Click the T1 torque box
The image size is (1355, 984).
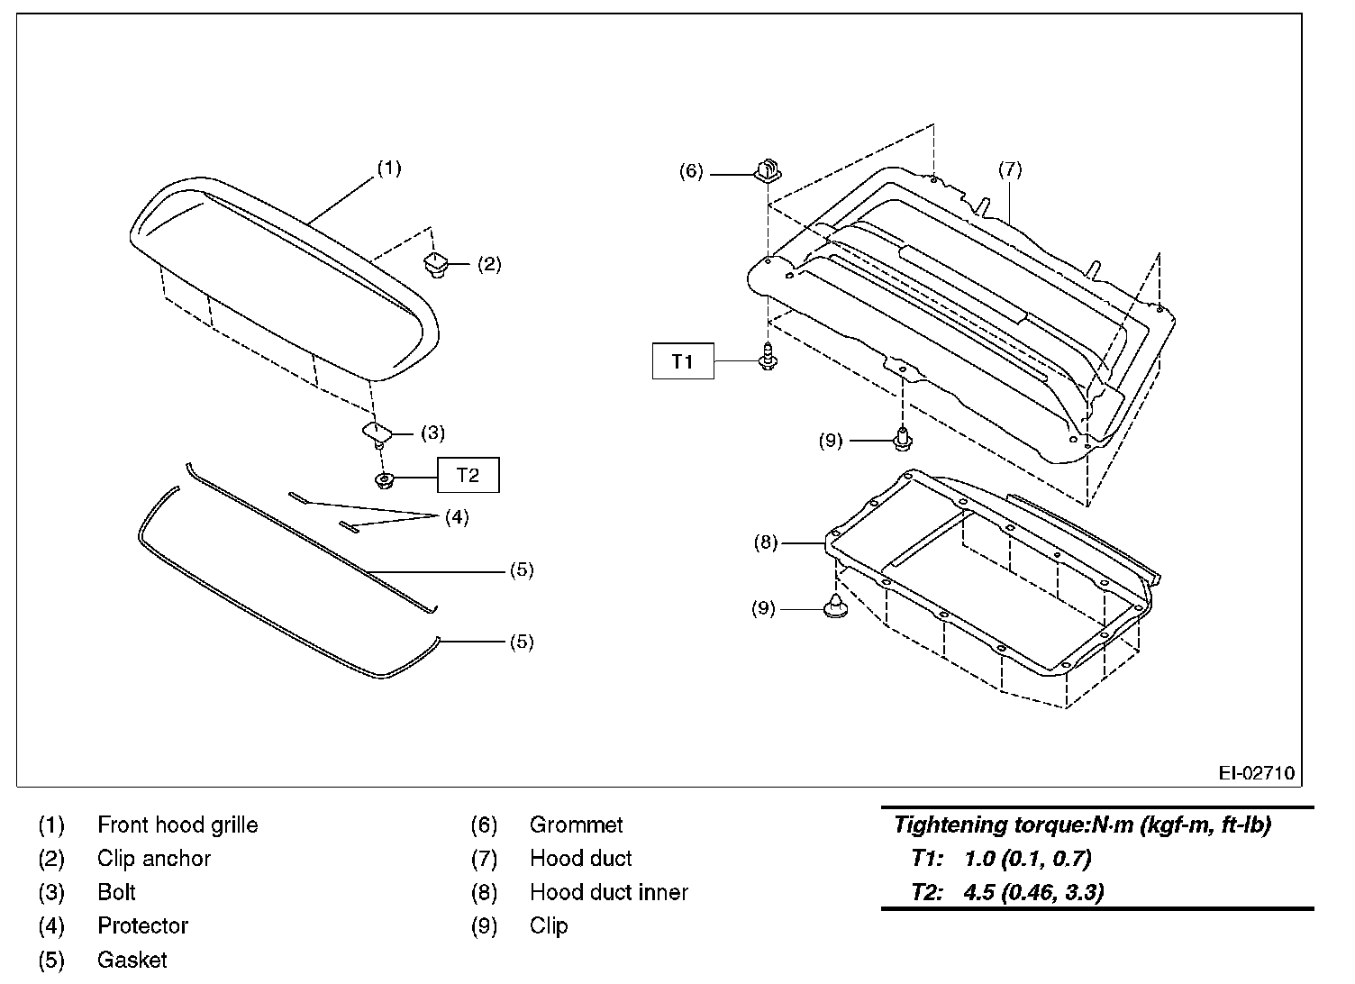pos(683,361)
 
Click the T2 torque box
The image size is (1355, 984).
pos(468,475)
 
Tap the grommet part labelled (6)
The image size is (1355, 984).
pos(767,169)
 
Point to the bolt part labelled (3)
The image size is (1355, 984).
pos(377,433)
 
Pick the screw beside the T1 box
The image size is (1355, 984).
pos(768,358)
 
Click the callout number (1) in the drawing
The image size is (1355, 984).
pos(389,168)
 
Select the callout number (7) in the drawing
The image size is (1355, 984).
pos(1010,169)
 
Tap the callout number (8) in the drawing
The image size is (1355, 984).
pos(765,542)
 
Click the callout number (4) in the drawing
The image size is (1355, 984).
pos(457,517)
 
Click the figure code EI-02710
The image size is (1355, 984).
pos(1256,773)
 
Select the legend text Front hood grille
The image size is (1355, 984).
pos(177,825)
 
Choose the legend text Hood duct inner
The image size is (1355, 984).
pos(608,892)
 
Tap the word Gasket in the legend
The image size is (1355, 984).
pos(132,960)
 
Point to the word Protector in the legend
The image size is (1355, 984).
pos(142,925)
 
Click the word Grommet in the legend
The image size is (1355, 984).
pos(576,825)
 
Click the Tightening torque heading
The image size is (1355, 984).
pos(1082,825)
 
